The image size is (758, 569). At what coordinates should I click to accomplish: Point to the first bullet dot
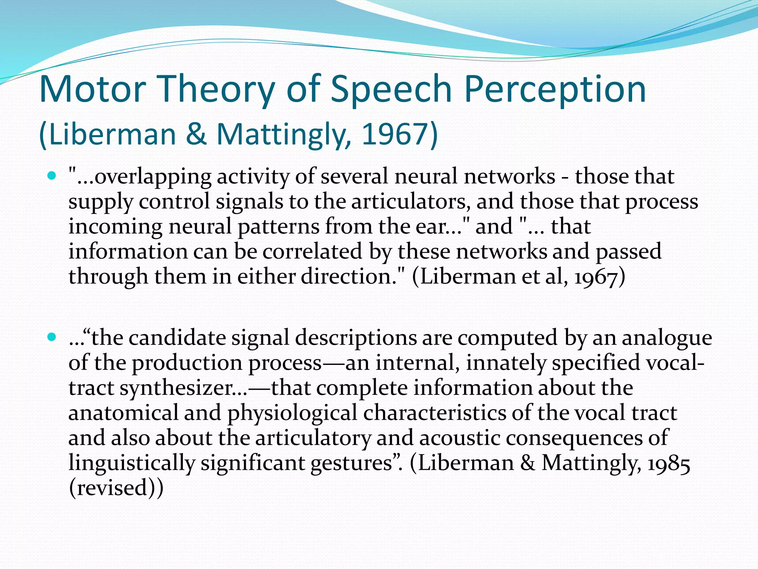tap(51, 175)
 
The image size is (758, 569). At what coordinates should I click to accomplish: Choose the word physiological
tap(292, 413)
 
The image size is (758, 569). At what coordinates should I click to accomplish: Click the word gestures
tap(351, 463)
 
